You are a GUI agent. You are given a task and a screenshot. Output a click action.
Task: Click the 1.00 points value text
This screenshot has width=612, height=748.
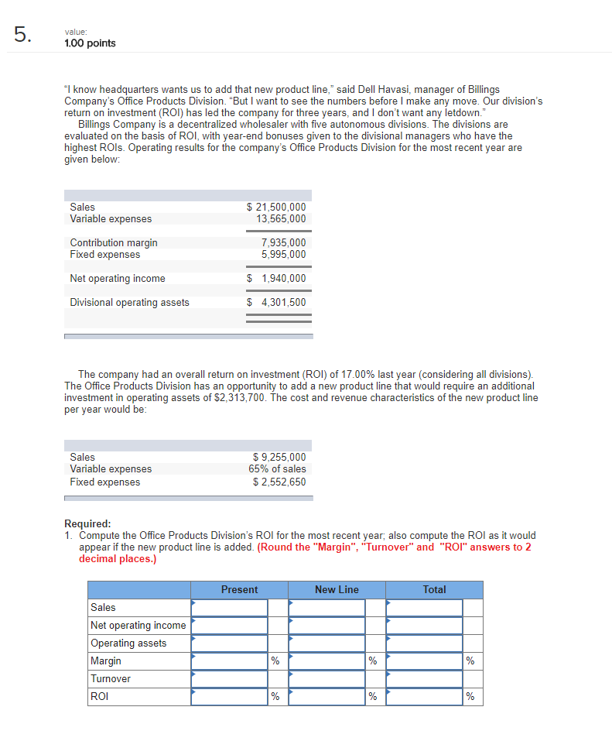pyautogui.click(x=90, y=43)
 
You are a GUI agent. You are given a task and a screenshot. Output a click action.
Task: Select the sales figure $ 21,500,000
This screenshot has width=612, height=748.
pyautogui.click(x=276, y=207)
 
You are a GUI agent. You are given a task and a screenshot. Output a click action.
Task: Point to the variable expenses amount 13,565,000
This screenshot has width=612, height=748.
pyautogui.click(x=281, y=219)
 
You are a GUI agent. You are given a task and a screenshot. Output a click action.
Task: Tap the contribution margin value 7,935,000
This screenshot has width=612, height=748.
pyautogui.click(x=284, y=243)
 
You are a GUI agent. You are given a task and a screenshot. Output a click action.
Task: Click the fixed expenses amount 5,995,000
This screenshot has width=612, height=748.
pyautogui.click(x=284, y=255)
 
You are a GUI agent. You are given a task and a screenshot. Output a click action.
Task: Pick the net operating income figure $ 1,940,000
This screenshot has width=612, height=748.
pyautogui.click(x=276, y=279)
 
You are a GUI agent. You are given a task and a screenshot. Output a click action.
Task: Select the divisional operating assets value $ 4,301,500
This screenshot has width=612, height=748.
pyautogui.click(x=276, y=303)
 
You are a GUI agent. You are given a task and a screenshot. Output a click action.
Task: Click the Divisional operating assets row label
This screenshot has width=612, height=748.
pyautogui.click(x=129, y=303)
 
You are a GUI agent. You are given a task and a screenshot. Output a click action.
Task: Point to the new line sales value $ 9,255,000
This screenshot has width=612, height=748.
pyautogui.click(x=279, y=457)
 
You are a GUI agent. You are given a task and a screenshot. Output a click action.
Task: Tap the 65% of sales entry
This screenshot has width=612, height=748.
pyautogui.click(x=277, y=469)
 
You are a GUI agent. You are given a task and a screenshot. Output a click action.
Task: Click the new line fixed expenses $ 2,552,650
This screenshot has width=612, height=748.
pyautogui.click(x=279, y=482)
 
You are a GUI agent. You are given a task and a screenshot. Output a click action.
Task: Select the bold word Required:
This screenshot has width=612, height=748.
pyautogui.click(x=87, y=523)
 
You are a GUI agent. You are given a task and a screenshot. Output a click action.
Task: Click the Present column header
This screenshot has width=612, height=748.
pyautogui.click(x=239, y=590)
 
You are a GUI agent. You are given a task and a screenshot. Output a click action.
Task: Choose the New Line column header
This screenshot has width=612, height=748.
pyautogui.click(x=337, y=590)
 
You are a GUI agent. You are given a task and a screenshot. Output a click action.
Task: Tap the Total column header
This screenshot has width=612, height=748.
pyautogui.click(x=434, y=590)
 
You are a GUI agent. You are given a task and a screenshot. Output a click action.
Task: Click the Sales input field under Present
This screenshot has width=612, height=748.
pyautogui.click(x=230, y=608)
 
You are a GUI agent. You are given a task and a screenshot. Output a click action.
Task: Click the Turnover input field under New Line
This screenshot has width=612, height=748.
pyautogui.click(x=327, y=679)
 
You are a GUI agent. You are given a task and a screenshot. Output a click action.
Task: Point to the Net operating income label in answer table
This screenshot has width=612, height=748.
pyautogui.click(x=138, y=626)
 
